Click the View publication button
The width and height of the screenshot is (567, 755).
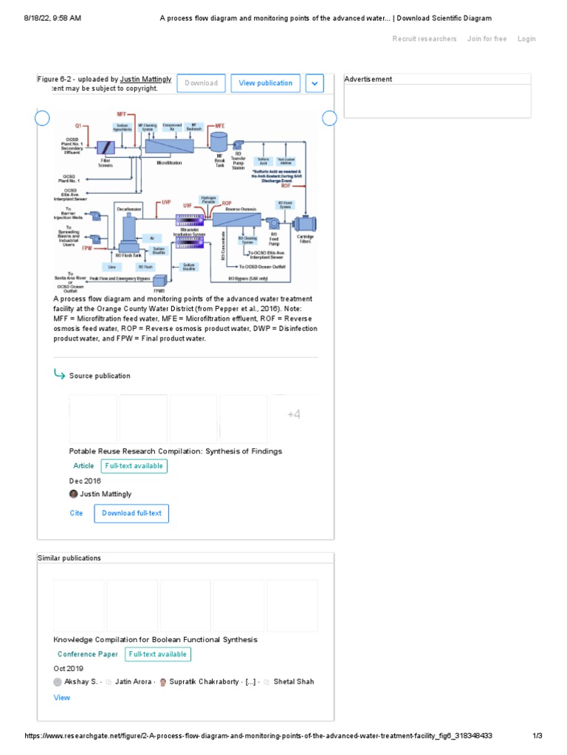266,83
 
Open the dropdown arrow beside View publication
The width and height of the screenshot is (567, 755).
315,83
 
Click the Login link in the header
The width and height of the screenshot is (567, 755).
526,39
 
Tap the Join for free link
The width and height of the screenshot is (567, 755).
487,39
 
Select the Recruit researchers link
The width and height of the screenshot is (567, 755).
425,39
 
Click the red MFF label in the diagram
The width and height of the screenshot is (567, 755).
122,114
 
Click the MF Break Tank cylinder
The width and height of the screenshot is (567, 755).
219,141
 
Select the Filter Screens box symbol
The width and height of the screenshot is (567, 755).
105,147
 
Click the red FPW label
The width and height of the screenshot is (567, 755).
88,248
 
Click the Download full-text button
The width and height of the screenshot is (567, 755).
131,513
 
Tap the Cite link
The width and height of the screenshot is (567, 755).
76,513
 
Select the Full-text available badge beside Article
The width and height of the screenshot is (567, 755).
134,466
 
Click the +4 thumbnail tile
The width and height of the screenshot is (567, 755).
294,415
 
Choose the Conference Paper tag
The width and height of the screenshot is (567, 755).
88,654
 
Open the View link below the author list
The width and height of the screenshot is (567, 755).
62,697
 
